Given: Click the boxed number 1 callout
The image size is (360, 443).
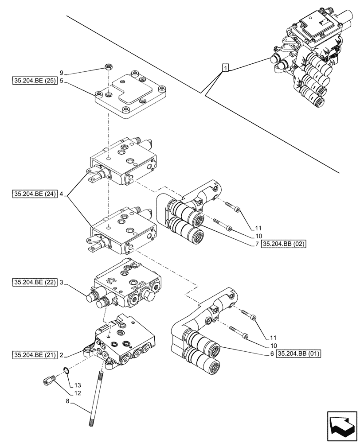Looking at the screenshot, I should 226,68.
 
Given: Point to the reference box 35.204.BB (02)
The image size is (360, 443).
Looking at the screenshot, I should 284,244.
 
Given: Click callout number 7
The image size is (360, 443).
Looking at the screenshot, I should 257,244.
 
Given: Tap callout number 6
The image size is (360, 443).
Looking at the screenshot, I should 271,354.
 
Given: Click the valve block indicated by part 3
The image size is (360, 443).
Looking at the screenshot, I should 126,285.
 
